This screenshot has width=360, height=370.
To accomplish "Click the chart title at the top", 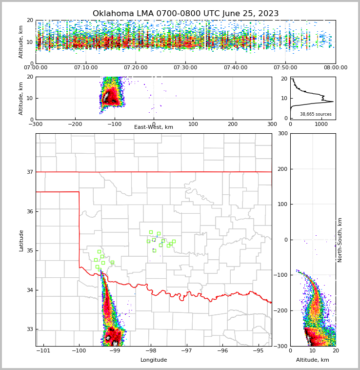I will point(185,14).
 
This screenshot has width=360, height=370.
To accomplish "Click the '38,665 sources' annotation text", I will point(316,114).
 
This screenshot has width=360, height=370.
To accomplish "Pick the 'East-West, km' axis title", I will point(154,127).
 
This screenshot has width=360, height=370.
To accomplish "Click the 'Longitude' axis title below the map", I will point(154,360).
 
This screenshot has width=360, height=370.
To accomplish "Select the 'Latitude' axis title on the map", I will point(21,240).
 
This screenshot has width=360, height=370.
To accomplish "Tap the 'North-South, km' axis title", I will point(340,240).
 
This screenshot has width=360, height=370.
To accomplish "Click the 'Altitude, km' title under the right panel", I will point(313,360).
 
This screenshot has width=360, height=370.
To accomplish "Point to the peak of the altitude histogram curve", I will point(333,102).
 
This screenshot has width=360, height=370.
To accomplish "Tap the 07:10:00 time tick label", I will point(85,68).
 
